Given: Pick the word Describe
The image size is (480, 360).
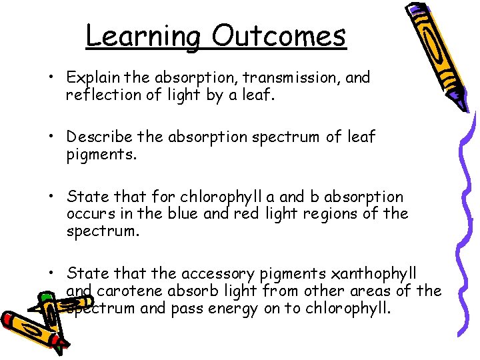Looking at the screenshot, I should click(x=99, y=137).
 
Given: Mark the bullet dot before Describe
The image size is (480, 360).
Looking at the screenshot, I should click(x=51, y=137).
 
